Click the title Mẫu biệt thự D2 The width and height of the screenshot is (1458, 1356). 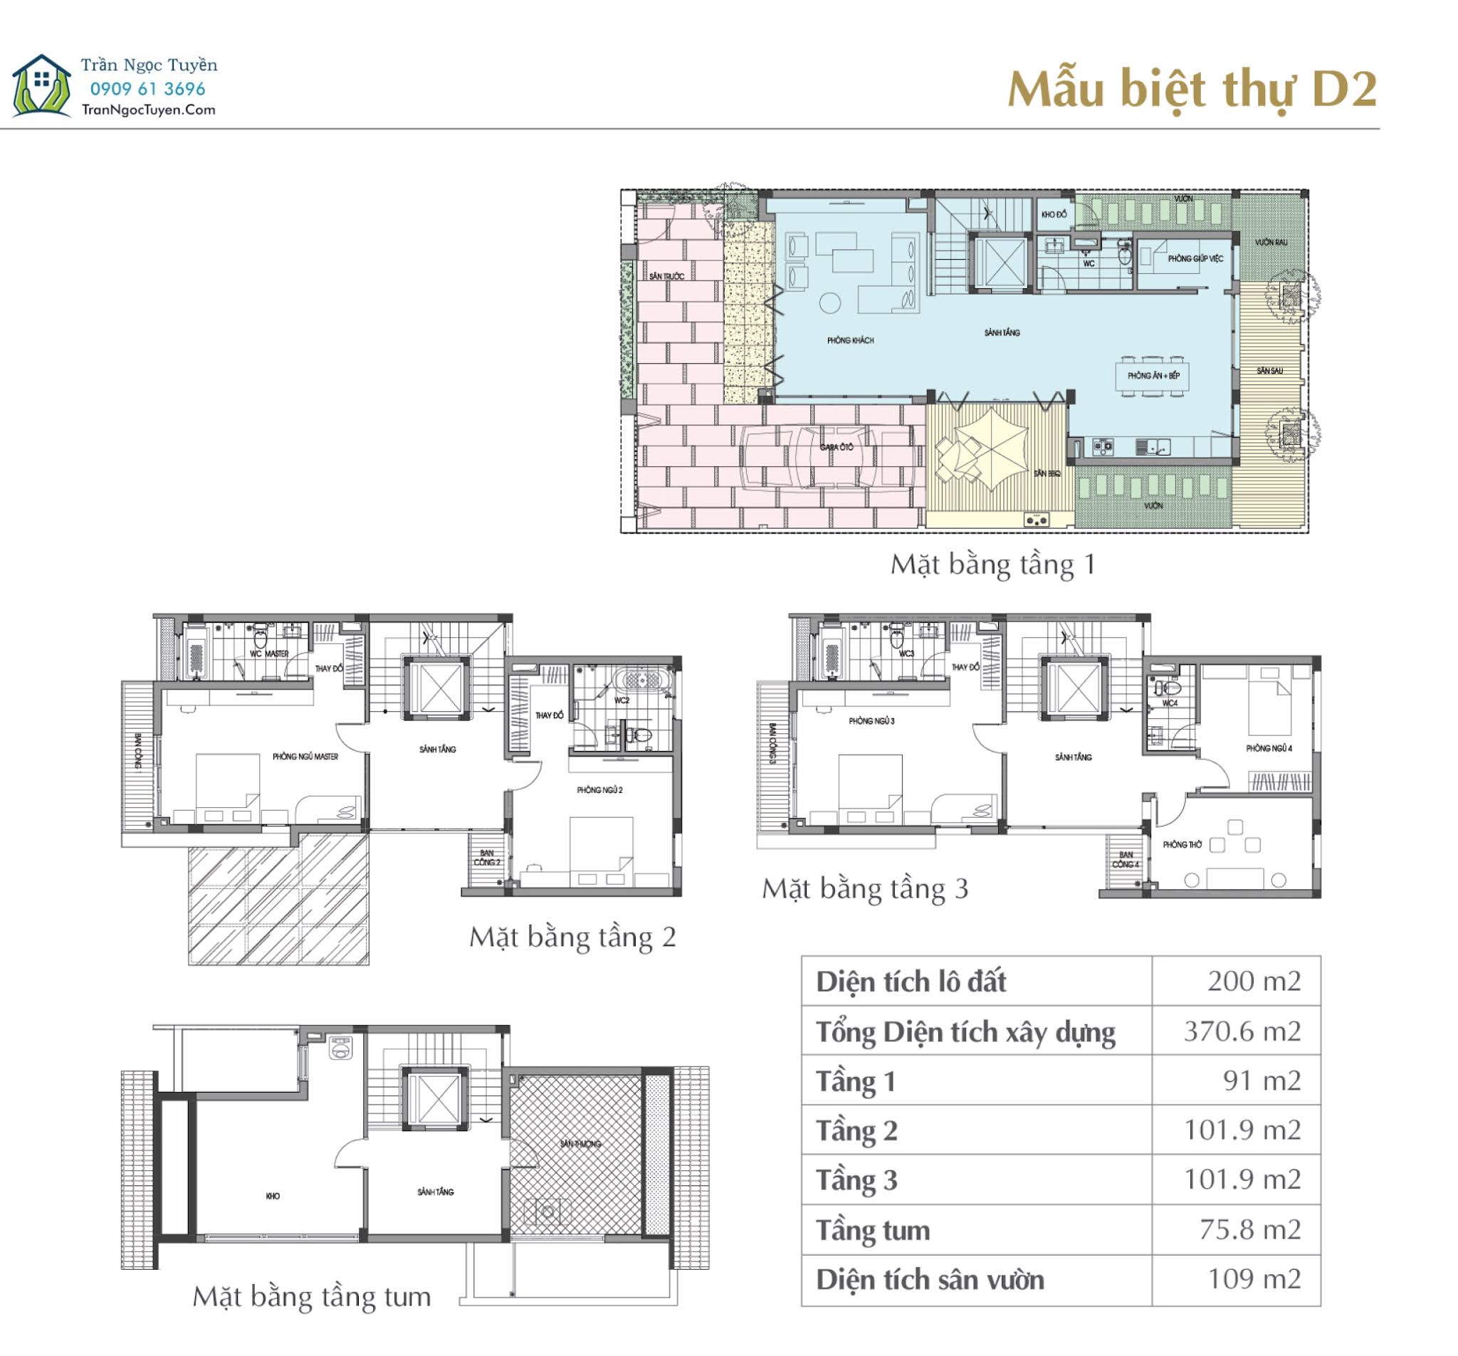(1191, 90)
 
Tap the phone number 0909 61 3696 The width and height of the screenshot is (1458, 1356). (147, 90)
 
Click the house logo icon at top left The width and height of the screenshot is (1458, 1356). (42, 86)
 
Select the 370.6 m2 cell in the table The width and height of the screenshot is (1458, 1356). (1242, 1031)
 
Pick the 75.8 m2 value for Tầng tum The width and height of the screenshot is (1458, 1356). (1249, 1229)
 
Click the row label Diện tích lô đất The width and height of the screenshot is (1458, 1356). (910, 982)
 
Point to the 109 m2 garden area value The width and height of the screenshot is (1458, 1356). (1254, 1279)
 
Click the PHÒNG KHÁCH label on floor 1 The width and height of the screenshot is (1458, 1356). (850, 340)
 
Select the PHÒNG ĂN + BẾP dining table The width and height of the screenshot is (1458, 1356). (1153, 376)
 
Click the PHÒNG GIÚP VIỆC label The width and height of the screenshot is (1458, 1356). (1195, 258)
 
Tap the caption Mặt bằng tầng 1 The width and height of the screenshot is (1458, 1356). (992, 564)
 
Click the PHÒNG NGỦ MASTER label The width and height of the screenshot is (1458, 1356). (305, 756)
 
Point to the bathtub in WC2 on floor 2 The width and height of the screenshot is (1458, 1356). (641, 678)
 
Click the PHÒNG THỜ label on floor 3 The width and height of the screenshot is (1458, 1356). (1182, 845)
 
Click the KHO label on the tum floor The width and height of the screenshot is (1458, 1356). (273, 1195)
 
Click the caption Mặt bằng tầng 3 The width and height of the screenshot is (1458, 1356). (865, 889)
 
